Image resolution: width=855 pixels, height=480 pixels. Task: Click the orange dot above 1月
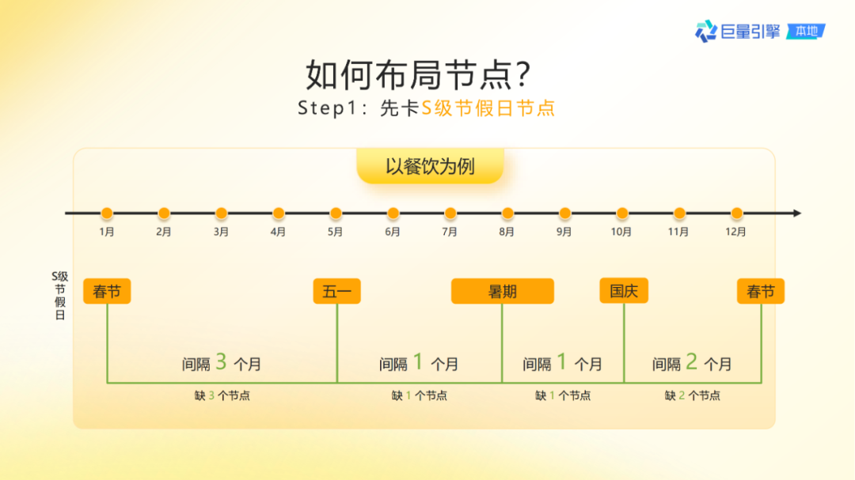[x=107, y=214]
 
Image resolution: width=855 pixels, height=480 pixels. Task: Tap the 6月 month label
[x=393, y=232]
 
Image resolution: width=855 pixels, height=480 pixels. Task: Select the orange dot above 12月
[x=736, y=214]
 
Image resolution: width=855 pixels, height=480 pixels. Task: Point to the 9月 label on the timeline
[x=564, y=232]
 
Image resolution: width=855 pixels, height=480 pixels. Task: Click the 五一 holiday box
[x=336, y=291]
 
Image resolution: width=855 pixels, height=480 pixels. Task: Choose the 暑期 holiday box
[x=502, y=291]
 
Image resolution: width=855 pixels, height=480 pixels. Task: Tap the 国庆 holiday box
[x=624, y=291]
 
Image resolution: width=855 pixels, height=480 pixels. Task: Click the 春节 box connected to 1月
[x=107, y=291]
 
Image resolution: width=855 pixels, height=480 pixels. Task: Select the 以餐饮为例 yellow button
[x=430, y=167]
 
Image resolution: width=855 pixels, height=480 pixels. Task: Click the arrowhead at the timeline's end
[x=796, y=214]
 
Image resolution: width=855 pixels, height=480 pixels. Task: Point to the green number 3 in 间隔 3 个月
[x=221, y=362]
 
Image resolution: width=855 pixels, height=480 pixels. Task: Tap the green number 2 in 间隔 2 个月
[x=691, y=362]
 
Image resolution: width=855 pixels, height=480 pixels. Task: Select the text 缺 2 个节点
[x=693, y=395]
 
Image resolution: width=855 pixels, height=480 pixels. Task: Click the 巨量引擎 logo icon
[x=705, y=32]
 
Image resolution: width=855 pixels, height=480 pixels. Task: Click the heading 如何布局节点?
[x=418, y=76]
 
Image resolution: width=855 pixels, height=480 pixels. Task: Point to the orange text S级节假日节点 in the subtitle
[x=488, y=108]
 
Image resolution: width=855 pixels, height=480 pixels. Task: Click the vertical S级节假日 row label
[x=60, y=296]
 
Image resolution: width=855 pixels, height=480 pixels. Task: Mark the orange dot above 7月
[x=450, y=214]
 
